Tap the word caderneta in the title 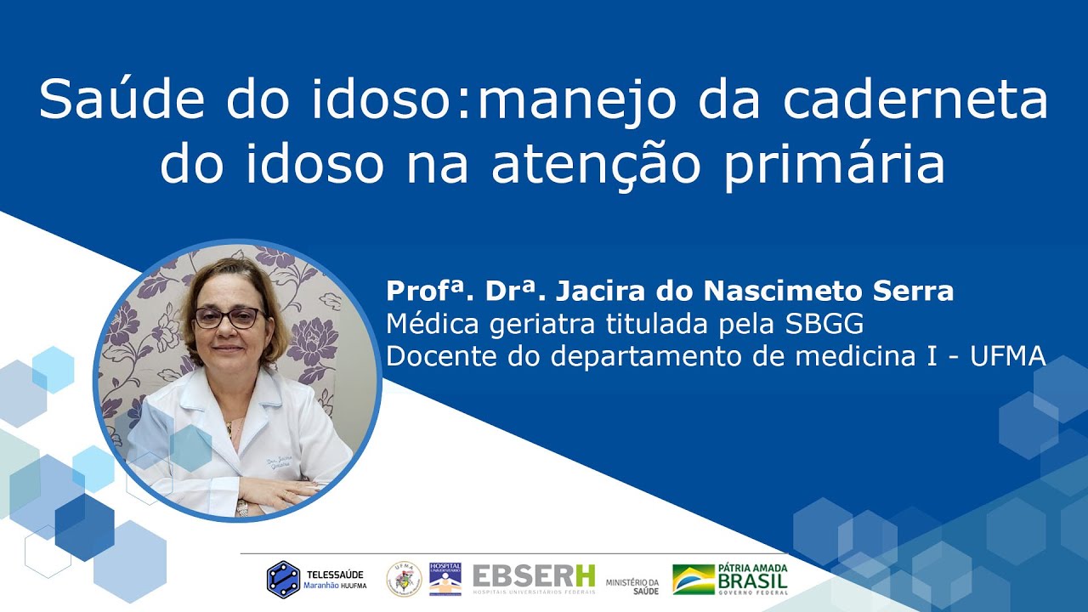click(915, 101)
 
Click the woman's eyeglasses click(227, 318)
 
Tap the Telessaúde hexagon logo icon click(283, 579)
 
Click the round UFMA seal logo click(403, 579)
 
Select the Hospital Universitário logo click(445, 578)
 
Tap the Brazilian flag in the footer click(693, 579)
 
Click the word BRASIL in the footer click(752, 581)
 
